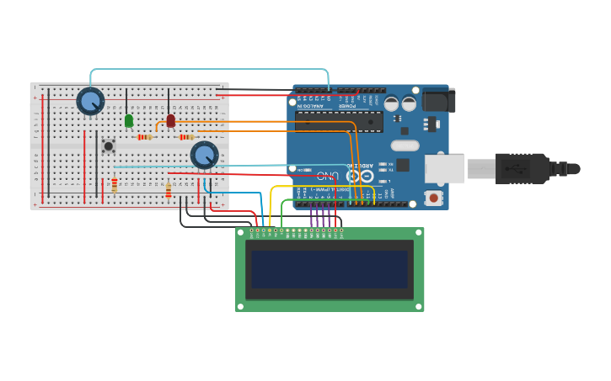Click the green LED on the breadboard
point(129,121)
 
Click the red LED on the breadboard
point(170,121)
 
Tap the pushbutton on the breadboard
point(108,146)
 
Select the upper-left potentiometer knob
point(90,101)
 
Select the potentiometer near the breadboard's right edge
point(204,155)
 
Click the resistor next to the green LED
point(144,137)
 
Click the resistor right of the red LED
point(186,137)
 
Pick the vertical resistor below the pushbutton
point(115,185)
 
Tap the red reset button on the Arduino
point(434,198)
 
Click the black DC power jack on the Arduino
point(439,100)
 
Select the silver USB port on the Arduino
point(443,168)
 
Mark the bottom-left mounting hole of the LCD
point(241,306)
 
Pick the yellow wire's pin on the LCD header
point(270,230)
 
